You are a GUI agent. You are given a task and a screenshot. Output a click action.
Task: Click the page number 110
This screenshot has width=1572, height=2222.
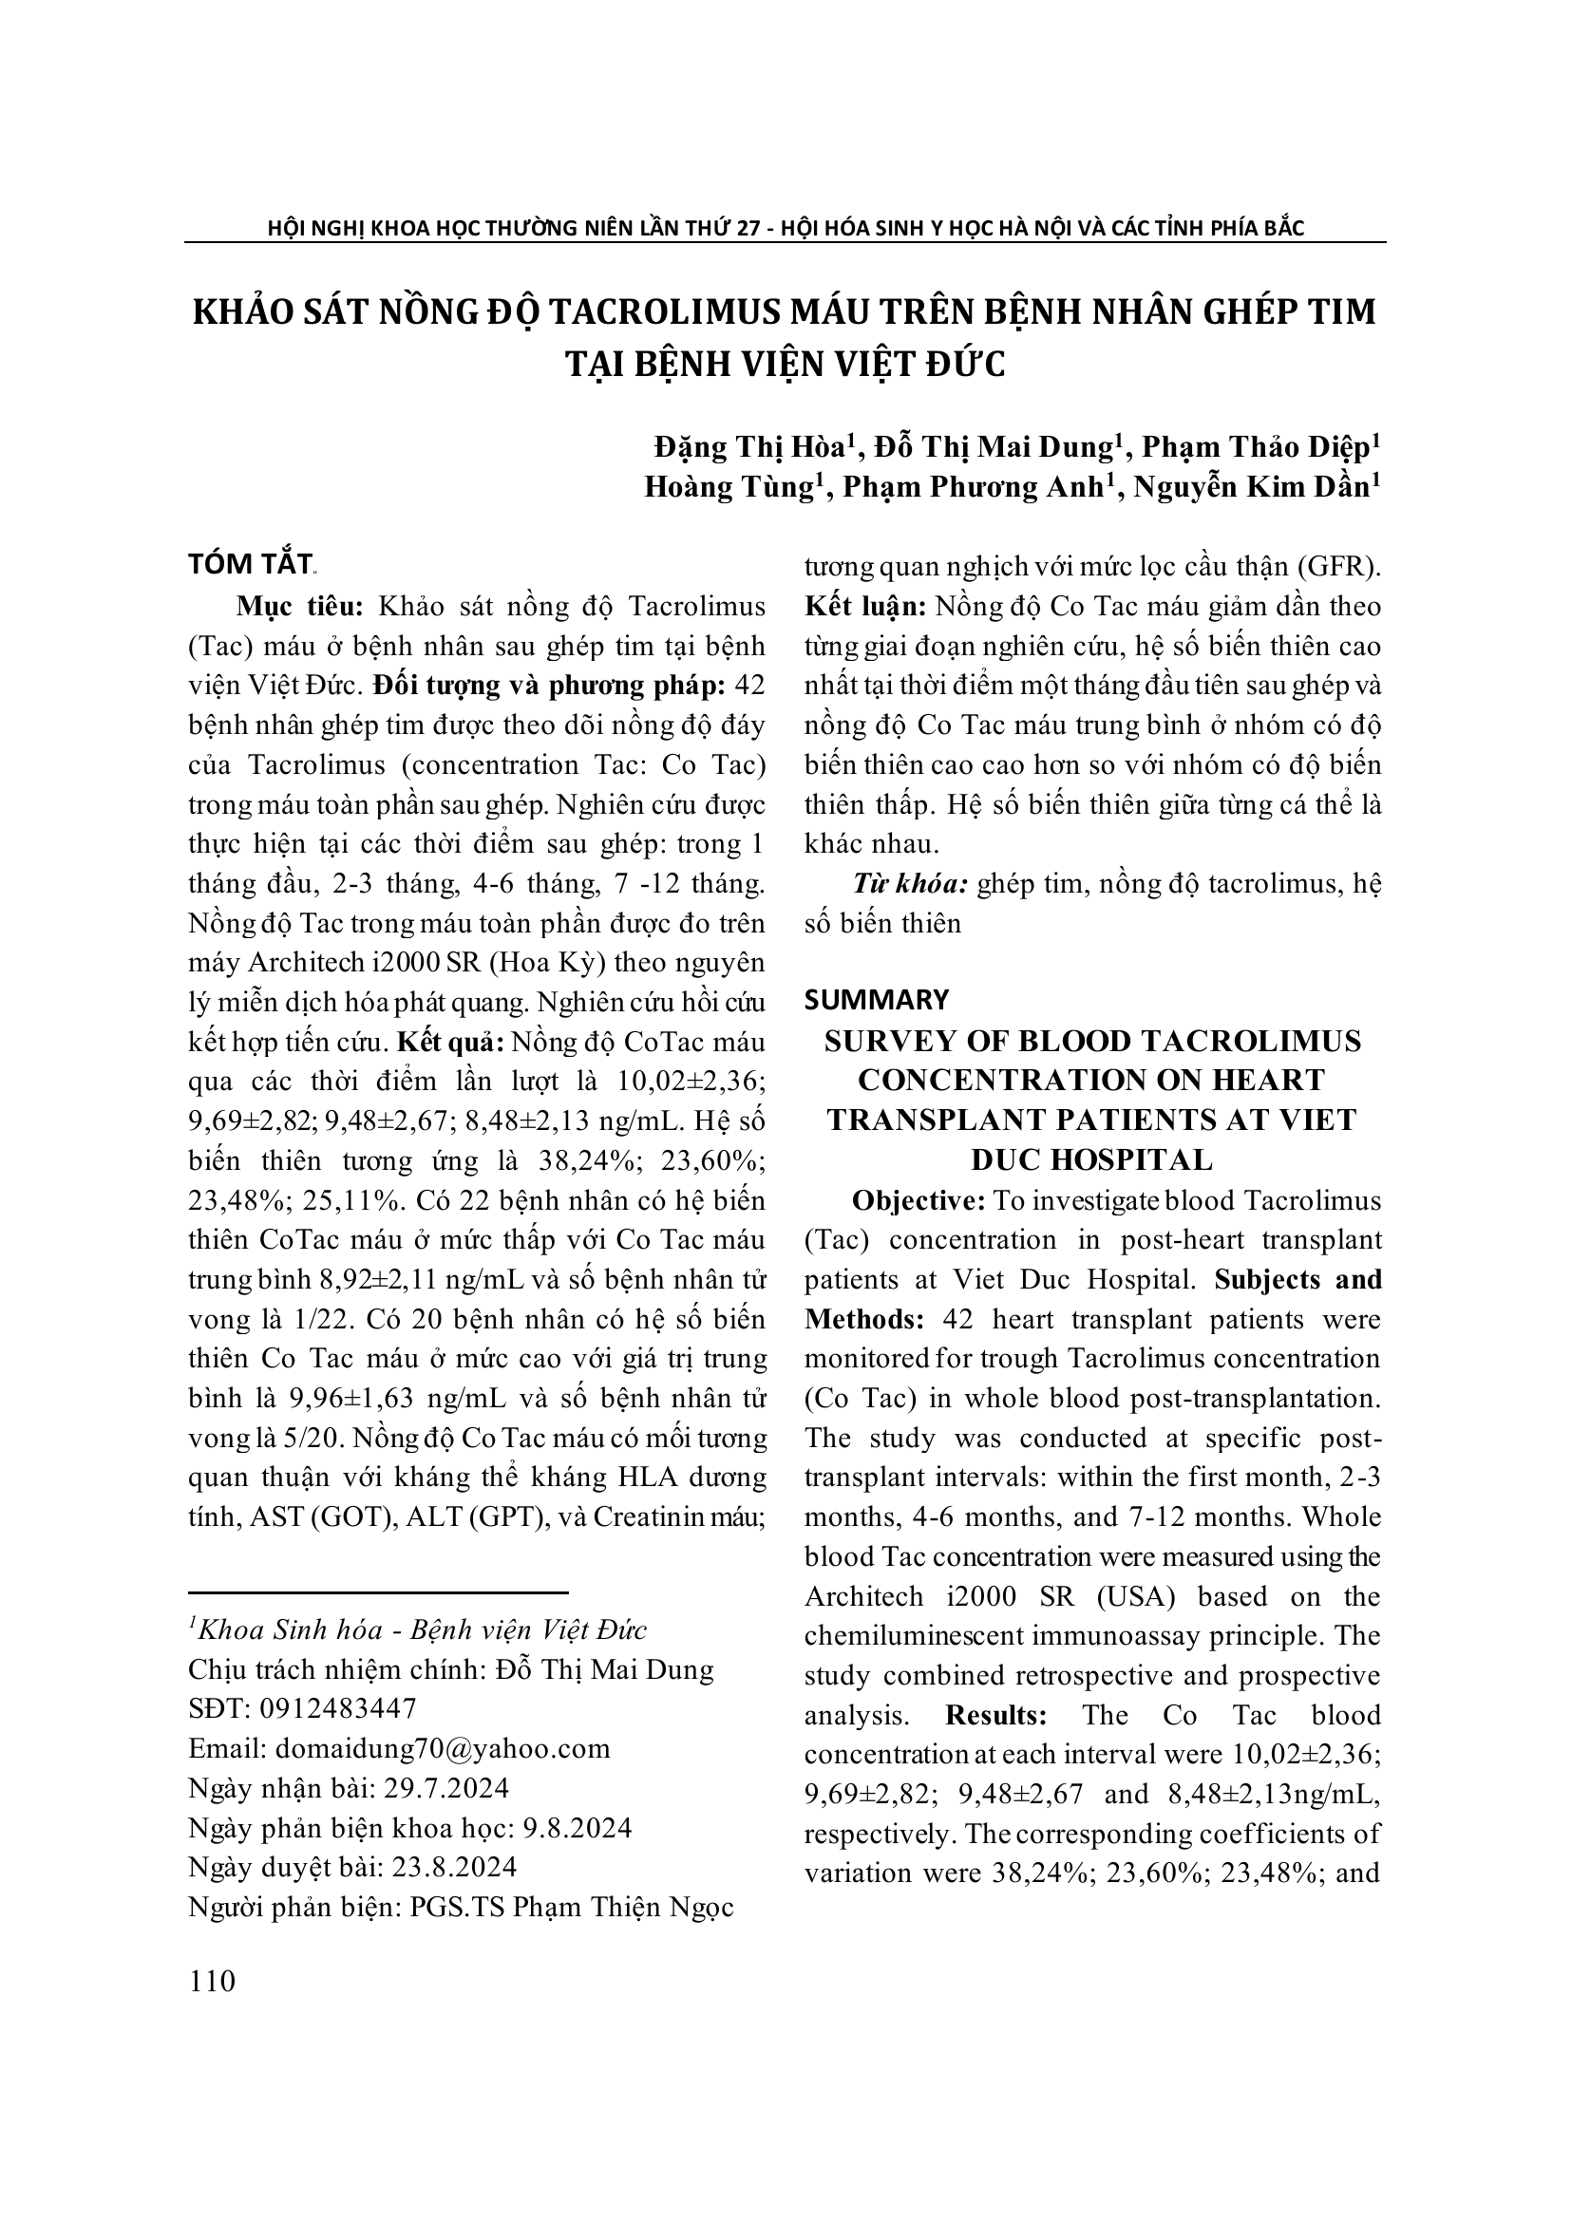(213, 1980)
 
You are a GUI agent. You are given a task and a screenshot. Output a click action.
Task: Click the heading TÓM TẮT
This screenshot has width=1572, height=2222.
(250, 564)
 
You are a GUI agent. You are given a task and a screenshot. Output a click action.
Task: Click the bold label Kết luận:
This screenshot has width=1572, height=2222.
(865, 607)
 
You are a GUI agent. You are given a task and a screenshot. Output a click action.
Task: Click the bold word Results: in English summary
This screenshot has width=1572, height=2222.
(996, 1715)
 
